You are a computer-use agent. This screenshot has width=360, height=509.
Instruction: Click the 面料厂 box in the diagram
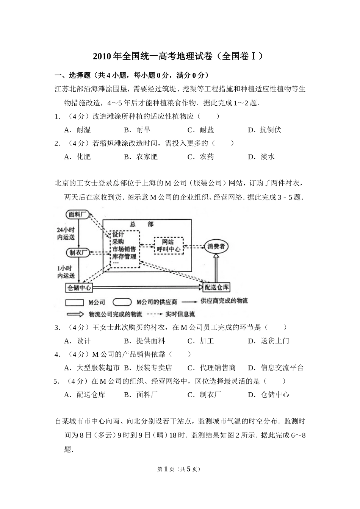(x=78, y=215)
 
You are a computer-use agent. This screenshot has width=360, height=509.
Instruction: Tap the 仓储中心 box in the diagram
(x=79, y=288)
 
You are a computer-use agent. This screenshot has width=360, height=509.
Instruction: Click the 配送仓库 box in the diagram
(x=217, y=287)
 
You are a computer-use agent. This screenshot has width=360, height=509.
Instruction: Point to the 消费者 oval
(x=216, y=247)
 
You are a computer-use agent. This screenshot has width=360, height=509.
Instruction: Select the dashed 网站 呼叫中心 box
(x=168, y=245)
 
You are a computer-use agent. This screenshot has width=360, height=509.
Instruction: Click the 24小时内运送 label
(x=66, y=234)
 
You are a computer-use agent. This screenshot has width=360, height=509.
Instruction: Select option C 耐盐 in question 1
(x=201, y=130)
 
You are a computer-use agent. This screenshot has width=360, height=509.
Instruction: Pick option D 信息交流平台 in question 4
(x=276, y=368)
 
